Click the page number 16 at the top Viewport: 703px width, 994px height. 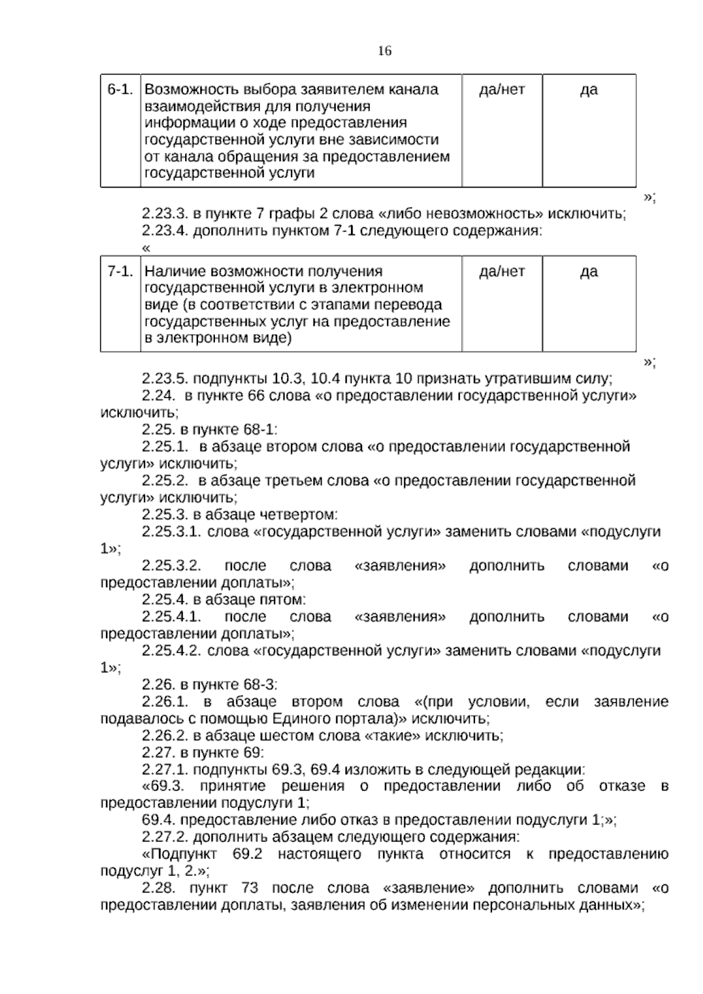click(384, 51)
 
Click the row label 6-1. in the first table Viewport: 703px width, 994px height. click(121, 90)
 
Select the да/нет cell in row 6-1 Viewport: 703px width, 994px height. click(502, 90)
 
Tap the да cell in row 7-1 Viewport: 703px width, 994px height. click(589, 271)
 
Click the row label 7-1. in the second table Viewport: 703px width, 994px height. click(121, 271)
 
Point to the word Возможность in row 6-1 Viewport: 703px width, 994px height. click(185, 90)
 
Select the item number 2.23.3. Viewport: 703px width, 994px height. click(165, 213)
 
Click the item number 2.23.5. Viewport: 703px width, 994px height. click(165, 378)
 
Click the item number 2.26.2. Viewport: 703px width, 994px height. click(165, 736)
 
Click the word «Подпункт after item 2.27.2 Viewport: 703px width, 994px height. click(179, 854)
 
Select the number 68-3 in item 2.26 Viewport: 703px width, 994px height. click(258, 685)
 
